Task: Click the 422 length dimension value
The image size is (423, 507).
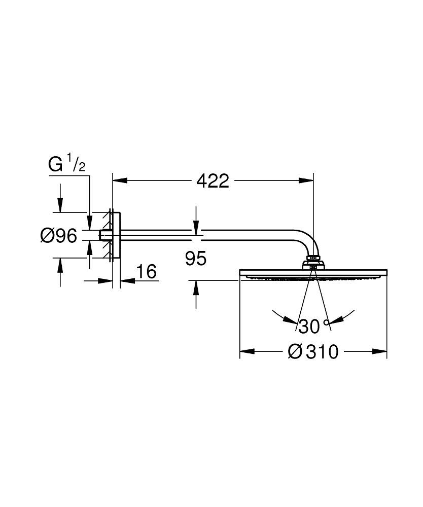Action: pyautogui.click(x=213, y=180)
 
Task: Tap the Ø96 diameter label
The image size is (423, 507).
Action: pyautogui.click(x=59, y=235)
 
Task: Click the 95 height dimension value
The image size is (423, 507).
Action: pyautogui.click(x=196, y=259)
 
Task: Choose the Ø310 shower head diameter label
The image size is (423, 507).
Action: pyautogui.click(x=313, y=351)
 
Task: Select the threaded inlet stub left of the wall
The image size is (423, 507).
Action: pyautogui.click(x=105, y=236)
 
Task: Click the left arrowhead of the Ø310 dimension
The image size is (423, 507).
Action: pyautogui.click(x=245, y=350)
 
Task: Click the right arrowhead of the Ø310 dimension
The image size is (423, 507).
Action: pyautogui.click(x=381, y=350)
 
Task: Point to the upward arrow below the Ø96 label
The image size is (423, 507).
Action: pyautogui.click(x=60, y=264)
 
